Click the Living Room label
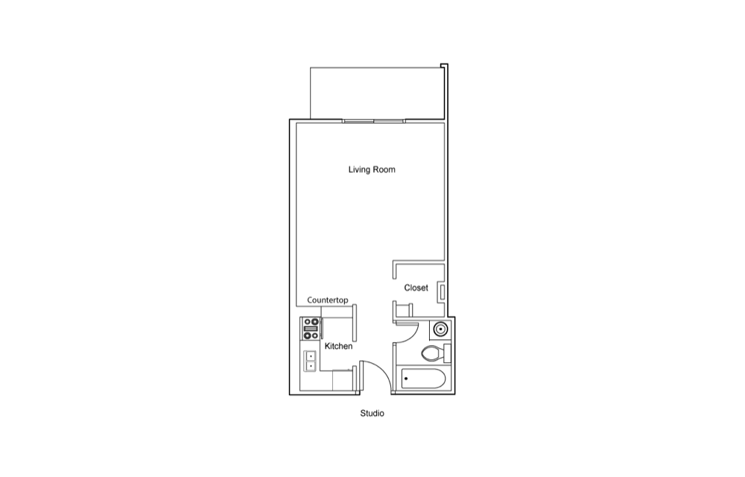click(x=372, y=170)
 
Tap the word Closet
click(x=416, y=288)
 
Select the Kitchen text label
click(x=338, y=346)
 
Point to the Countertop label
click(x=327, y=300)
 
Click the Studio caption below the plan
click(x=372, y=414)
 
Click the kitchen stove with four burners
click(x=311, y=329)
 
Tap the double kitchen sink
click(x=310, y=361)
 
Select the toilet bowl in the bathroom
click(x=432, y=353)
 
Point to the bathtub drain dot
click(x=406, y=379)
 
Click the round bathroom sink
click(x=440, y=329)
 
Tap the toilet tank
click(x=447, y=353)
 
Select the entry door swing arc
click(x=383, y=371)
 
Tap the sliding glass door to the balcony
click(x=373, y=121)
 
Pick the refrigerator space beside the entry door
click(x=344, y=379)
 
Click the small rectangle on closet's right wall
click(x=442, y=291)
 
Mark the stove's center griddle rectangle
click(x=311, y=329)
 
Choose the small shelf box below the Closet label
click(x=403, y=310)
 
